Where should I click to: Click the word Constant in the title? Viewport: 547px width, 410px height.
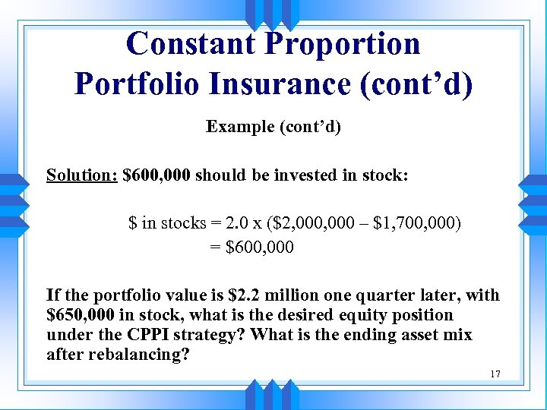click(192, 44)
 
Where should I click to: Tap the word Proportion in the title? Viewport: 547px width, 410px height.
click(342, 44)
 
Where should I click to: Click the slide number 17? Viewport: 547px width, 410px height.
click(495, 374)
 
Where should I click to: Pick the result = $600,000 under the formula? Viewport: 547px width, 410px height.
click(251, 248)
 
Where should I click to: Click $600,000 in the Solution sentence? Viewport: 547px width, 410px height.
click(157, 175)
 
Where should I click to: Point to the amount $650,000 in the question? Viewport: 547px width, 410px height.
click(80, 315)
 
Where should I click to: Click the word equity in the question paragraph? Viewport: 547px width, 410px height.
click(367, 315)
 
